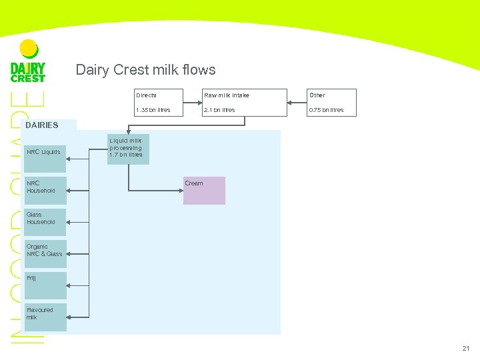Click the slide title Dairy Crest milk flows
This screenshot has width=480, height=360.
pyautogui.click(x=145, y=70)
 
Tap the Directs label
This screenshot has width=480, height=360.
pyautogui.click(x=146, y=95)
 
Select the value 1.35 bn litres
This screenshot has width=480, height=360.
pyautogui.click(x=153, y=110)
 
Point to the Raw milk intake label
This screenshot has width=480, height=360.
pyautogui.click(x=226, y=95)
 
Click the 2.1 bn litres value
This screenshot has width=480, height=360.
pyautogui.click(x=219, y=110)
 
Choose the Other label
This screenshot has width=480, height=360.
pyautogui.click(x=316, y=95)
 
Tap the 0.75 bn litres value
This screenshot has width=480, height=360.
pyautogui.click(x=326, y=110)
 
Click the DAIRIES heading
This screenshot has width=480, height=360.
pyautogui.click(x=42, y=125)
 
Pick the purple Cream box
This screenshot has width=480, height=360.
pyautogui.click(x=205, y=191)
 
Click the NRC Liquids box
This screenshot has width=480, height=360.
pyautogui.click(x=45, y=152)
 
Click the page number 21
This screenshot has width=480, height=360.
pyautogui.click(x=465, y=348)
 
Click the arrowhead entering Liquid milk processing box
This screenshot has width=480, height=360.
pyautogui.click(x=128, y=133)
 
